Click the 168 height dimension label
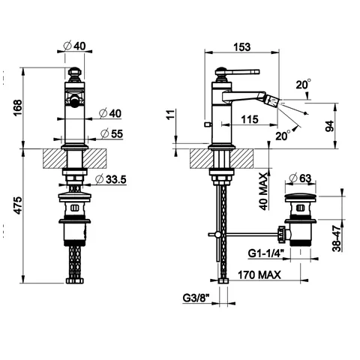[18, 108]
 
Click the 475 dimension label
[18, 205]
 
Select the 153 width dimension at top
[241, 46]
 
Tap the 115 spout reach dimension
[250, 119]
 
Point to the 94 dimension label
[330, 126]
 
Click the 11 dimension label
[171, 115]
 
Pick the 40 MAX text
[263, 192]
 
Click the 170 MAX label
[259, 275]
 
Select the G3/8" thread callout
[196, 298]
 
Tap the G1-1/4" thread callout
[266, 253]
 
